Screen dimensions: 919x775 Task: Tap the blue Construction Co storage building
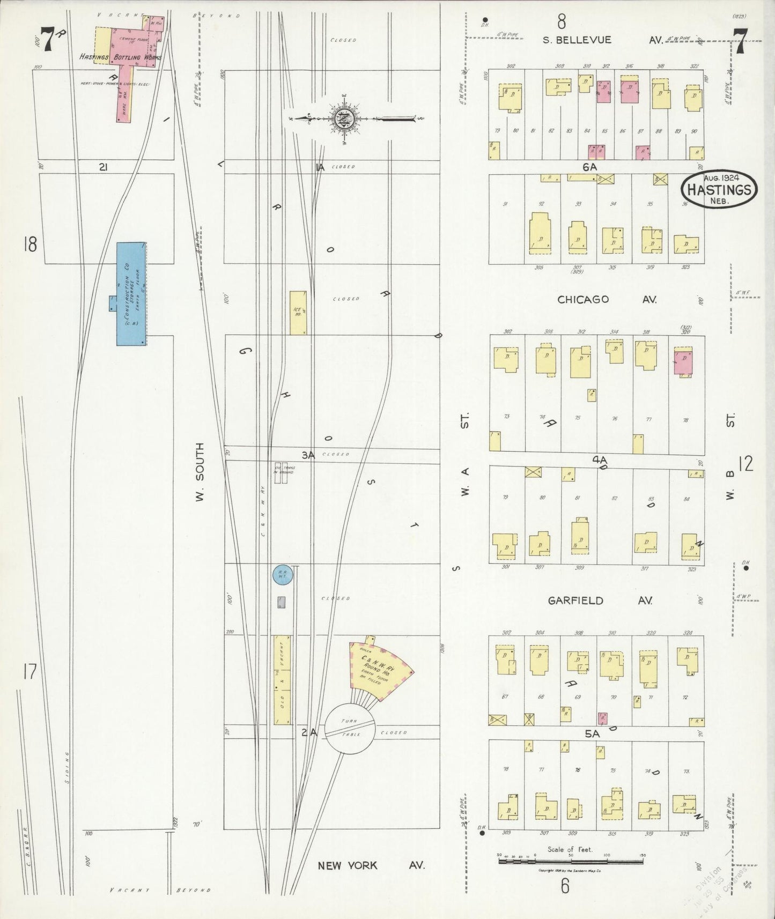click(x=131, y=294)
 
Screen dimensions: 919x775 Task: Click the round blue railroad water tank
click(x=282, y=575)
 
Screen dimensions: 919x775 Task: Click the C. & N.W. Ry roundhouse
click(x=379, y=671)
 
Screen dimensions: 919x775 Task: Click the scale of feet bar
click(x=571, y=862)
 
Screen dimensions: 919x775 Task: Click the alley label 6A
click(x=589, y=167)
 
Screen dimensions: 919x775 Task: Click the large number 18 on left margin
click(x=30, y=244)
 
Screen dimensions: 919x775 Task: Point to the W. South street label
click(x=200, y=472)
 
